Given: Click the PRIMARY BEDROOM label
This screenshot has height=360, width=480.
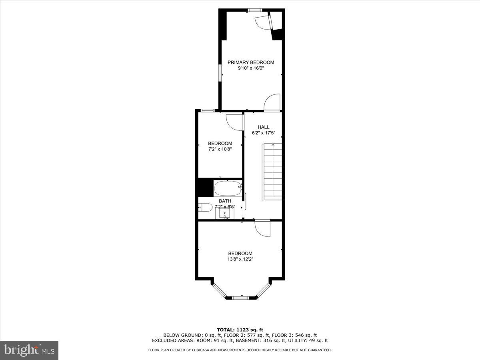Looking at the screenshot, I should (x=251, y=62).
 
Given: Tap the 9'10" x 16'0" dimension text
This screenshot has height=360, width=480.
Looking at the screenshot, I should (x=251, y=68).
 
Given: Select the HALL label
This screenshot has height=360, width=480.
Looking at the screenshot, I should (x=263, y=127).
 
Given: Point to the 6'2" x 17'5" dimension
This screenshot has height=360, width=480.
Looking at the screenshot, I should (x=263, y=133).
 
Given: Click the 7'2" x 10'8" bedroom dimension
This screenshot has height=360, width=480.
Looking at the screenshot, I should (x=220, y=149).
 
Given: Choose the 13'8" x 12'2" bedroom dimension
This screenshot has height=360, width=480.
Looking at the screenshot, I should (x=240, y=259).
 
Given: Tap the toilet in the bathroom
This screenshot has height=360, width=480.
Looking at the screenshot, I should (x=205, y=208).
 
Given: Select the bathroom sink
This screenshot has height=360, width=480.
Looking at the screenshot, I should (x=225, y=213).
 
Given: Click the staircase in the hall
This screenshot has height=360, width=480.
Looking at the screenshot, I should (x=272, y=172).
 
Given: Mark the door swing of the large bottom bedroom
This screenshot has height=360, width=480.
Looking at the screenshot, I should (x=262, y=228).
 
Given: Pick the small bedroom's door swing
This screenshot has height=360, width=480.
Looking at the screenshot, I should (x=234, y=122).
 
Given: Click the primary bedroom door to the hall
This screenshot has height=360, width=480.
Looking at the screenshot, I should (x=272, y=102).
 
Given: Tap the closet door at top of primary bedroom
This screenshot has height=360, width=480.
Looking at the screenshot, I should (x=263, y=22).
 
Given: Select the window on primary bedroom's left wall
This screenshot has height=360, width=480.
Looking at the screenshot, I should (x=220, y=73).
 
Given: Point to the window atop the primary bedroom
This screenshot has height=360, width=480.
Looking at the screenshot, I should (x=255, y=10).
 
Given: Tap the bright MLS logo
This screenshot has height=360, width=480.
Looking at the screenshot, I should (x=29, y=350).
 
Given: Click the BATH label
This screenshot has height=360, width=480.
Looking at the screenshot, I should (x=225, y=201).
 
